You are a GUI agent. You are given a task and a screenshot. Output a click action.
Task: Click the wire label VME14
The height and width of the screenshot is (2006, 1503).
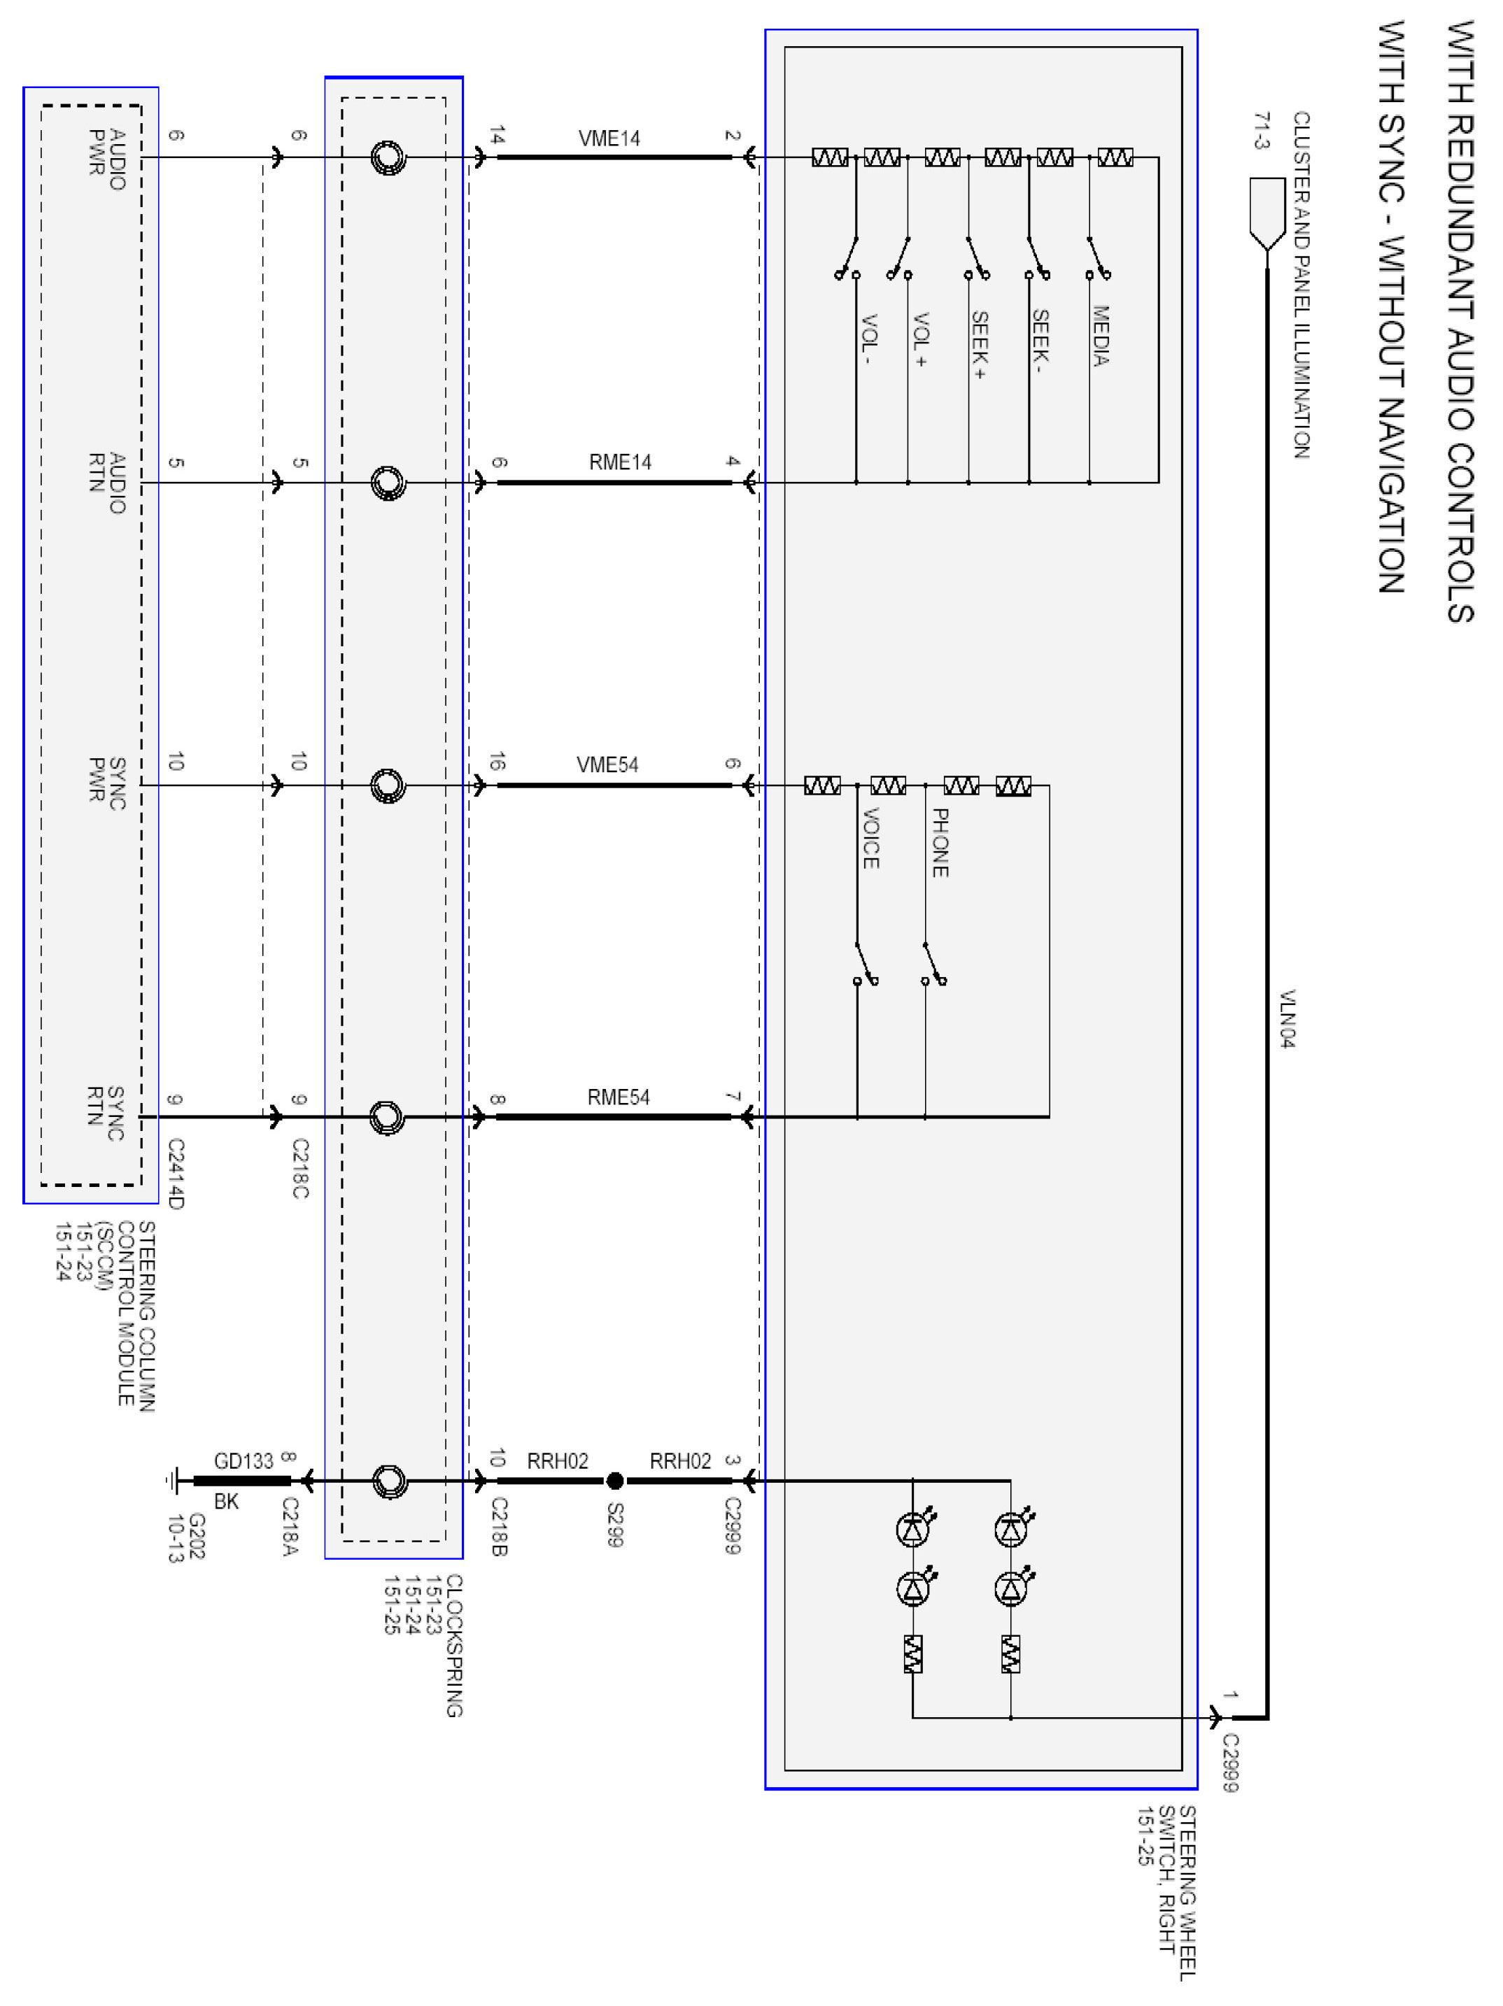[609, 138]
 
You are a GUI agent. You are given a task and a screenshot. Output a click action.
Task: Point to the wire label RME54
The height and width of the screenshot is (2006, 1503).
[618, 1097]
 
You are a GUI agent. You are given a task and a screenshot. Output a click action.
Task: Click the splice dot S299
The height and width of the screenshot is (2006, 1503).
[614, 1481]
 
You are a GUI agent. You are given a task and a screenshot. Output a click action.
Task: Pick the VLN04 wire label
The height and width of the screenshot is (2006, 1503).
[1286, 1018]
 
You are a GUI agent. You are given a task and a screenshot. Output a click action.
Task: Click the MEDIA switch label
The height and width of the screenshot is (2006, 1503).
[1100, 336]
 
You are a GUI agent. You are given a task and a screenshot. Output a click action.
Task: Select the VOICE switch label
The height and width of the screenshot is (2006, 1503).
[870, 838]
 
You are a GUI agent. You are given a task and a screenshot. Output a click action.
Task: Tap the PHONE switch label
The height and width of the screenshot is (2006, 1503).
[940, 843]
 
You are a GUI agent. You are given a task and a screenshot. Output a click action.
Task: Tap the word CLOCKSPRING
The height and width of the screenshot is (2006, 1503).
[453, 1646]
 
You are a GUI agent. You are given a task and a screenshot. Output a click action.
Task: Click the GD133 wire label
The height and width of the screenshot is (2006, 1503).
[243, 1461]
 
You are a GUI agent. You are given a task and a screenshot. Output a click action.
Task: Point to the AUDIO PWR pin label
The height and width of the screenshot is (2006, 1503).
[107, 159]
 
